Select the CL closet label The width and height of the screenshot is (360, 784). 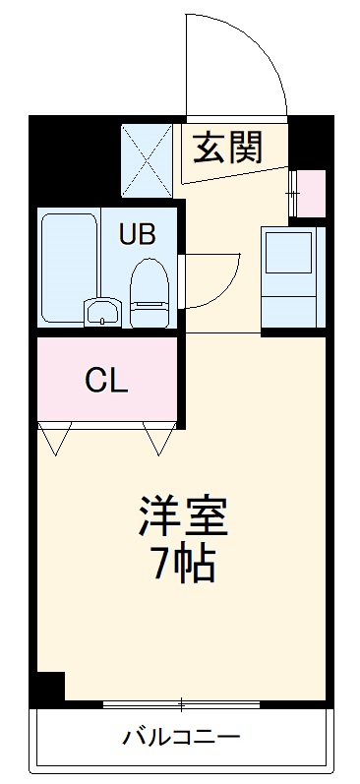pos(105,379)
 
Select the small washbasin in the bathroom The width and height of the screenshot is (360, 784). pos(101,313)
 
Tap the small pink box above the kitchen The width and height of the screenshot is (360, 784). pos(311,194)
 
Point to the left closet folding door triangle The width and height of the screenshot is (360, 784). pos(55,437)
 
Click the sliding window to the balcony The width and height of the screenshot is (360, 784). pos(182,704)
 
